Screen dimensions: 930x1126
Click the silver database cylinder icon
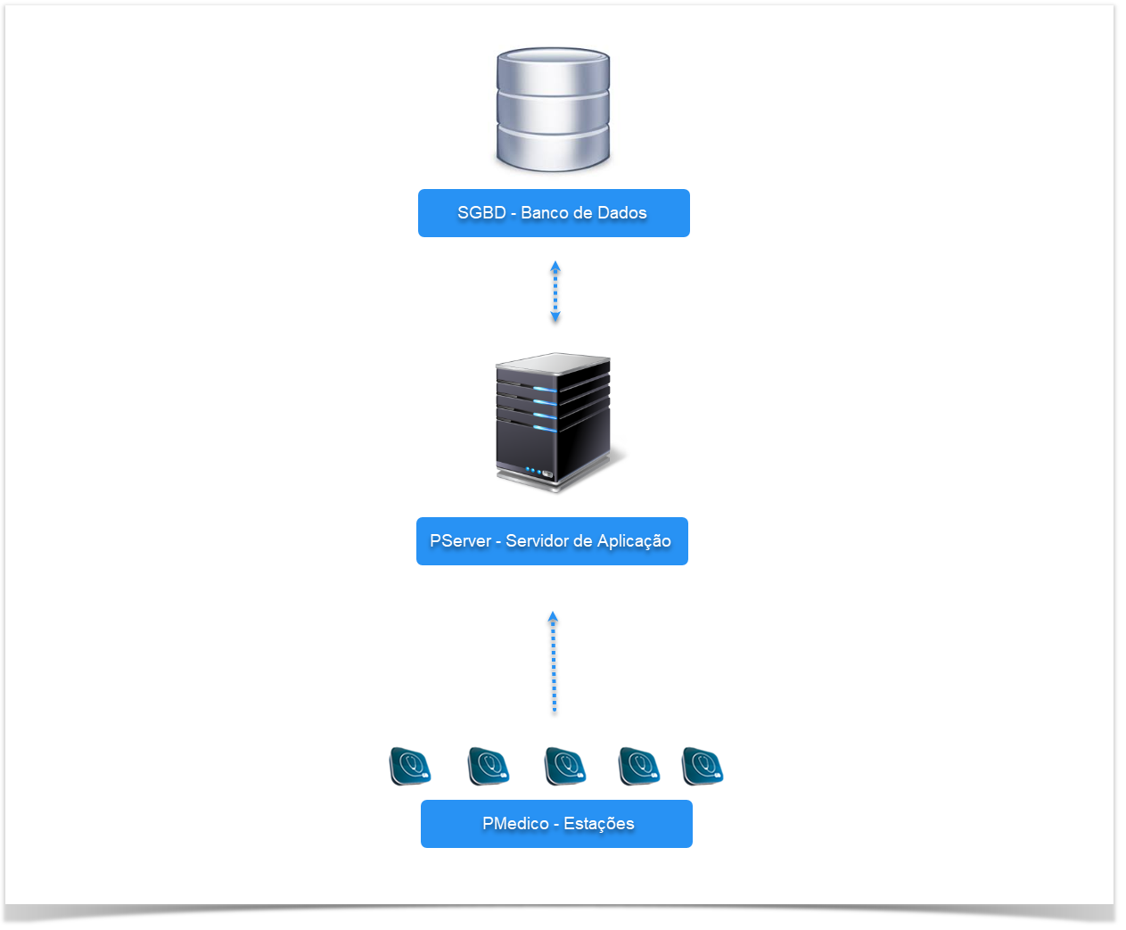click(x=553, y=110)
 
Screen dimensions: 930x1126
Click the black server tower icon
click(x=554, y=422)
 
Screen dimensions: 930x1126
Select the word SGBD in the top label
click(x=481, y=213)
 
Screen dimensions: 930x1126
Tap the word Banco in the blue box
click(x=544, y=213)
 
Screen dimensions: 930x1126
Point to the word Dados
click(x=622, y=213)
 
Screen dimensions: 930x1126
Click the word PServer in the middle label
click(x=460, y=541)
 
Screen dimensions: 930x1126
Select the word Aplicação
click(x=634, y=541)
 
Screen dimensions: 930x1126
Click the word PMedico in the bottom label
click(x=515, y=824)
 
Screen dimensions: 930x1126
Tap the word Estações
click(x=599, y=824)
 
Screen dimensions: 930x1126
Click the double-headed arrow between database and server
click(x=555, y=292)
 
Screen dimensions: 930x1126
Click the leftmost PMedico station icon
click(x=410, y=767)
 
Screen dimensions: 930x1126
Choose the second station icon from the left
click(x=489, y=767)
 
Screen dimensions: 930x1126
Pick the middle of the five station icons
click(x=565, y=767)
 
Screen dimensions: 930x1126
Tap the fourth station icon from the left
click(x=639, y=767)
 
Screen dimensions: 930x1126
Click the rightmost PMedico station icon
click(x=703, y=767)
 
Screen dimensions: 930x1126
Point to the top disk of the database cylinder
click(x=553, y=68)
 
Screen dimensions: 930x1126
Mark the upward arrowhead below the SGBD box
click(x=555, y=266)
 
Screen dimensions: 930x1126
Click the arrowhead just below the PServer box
click(x=553, y=616)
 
